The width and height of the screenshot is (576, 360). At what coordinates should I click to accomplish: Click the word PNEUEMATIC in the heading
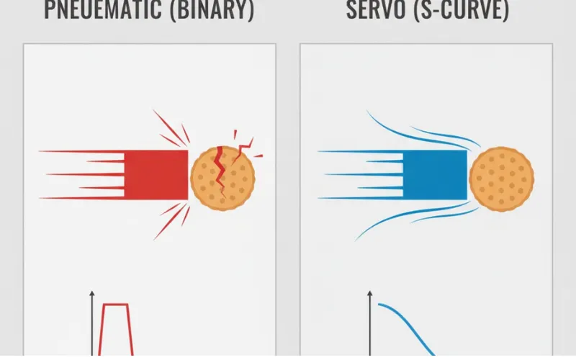[103, 10]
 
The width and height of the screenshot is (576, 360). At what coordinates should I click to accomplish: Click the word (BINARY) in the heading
[212, 10]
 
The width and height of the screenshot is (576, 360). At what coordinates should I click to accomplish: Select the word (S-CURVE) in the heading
[462, 10]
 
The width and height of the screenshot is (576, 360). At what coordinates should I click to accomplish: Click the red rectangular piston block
[156, 174]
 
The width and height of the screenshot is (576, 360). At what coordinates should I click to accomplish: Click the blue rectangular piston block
[435, 174]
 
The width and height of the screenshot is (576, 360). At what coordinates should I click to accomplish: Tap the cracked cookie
[222, 179]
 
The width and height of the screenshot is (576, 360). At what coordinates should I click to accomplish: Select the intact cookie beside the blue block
[502, 179]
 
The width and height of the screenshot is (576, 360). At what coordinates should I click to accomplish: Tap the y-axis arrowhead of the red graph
[92, 294]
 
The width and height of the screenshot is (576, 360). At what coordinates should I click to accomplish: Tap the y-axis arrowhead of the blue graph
[370, 294]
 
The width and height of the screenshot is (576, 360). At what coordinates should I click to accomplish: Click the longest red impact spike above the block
[169, 127]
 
